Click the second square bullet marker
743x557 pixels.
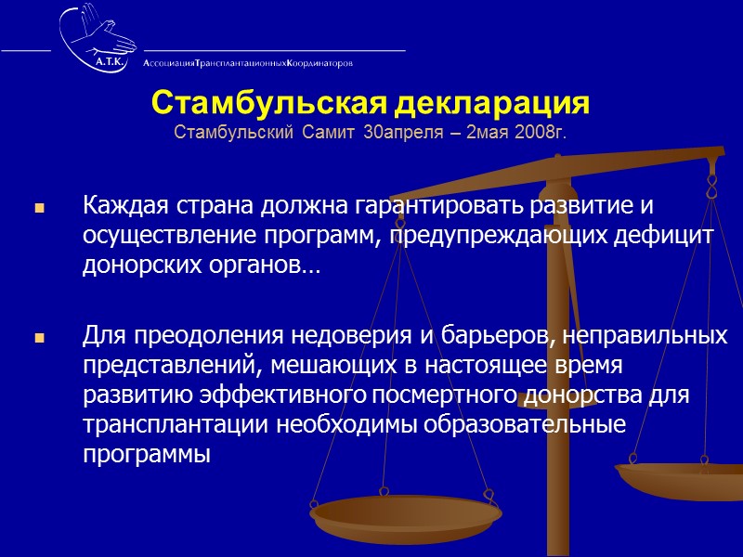click(x=39, y=339)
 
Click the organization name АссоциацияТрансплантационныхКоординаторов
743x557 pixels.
click(x=248, y=63)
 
